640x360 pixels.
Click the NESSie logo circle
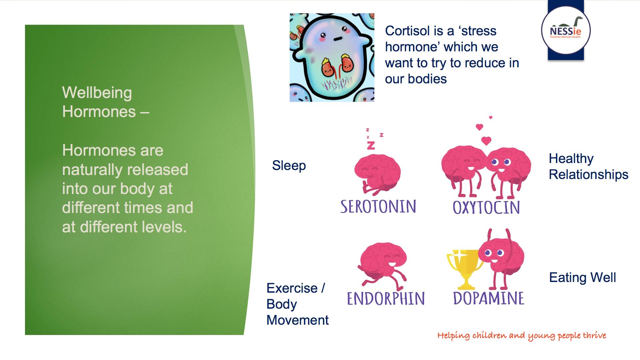pos(566,30)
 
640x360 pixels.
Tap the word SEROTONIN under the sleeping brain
pos(378,207)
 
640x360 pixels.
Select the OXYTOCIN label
pos(486,207)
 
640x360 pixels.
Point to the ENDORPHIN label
pos(386,298)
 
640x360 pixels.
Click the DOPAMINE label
pos(489,298)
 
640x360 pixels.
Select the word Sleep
pos(289,166)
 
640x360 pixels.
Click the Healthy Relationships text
pos(588,166)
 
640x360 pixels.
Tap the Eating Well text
pos(582,277)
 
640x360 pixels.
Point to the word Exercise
pos(292,288)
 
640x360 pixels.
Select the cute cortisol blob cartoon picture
pos(332,57)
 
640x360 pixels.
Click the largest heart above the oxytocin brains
pos(486,141)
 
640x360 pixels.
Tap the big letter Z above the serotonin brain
pos(371,145)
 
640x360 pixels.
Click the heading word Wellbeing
pos(97,93)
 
